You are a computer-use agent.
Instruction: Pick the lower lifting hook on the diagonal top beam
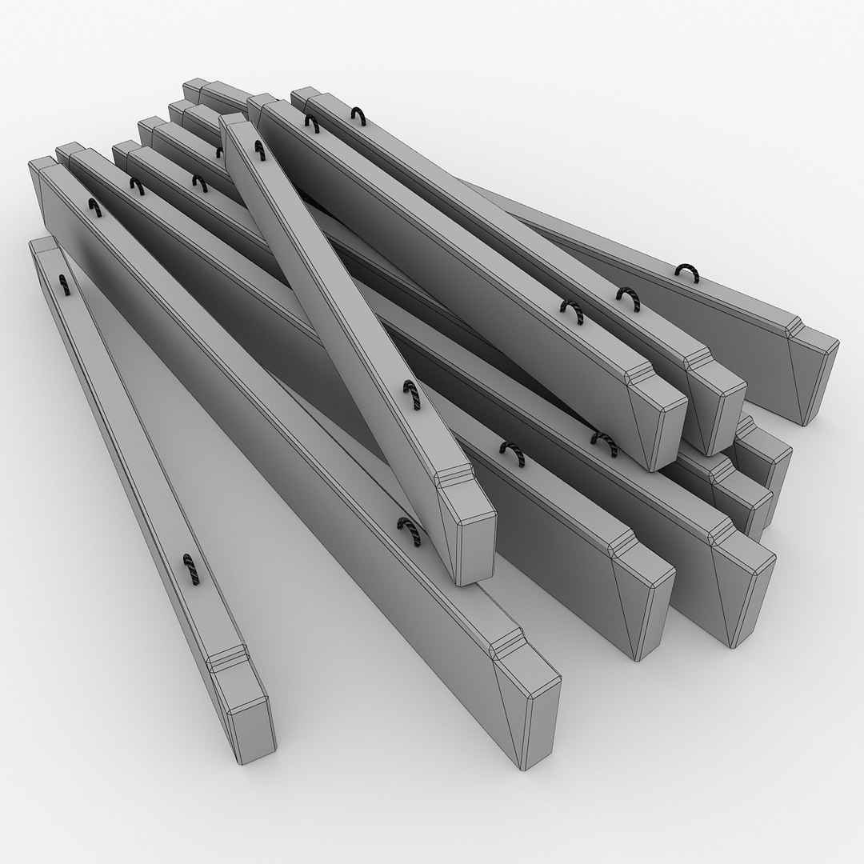click(410, 393)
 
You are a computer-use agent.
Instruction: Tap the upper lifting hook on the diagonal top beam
click(258, 149)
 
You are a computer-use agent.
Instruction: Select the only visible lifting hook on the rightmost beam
click(686, 273)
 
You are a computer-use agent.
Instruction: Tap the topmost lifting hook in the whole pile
click(358, 116)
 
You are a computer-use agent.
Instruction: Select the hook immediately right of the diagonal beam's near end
click(512, 454)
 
